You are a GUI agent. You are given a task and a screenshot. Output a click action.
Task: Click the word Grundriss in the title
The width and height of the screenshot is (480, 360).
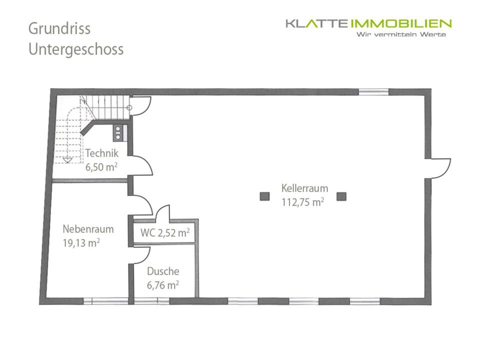click(x=59, y=28)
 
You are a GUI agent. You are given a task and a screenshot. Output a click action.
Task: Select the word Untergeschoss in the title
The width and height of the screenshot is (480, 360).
click(x=76, y=50)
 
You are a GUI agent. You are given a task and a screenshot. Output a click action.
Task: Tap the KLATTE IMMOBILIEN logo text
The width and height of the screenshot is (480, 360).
click(x=368, y=23)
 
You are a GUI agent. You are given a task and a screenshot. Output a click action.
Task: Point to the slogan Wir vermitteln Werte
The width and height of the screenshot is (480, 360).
click(x=400, y=34)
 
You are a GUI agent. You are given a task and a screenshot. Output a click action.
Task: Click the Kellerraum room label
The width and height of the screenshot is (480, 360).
click(x=304, y=188)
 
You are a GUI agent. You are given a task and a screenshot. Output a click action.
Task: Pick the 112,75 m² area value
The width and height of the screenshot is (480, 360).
click(x=302, y=202)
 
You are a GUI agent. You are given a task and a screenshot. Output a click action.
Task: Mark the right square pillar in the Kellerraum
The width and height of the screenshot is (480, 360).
click(x=341, y=196)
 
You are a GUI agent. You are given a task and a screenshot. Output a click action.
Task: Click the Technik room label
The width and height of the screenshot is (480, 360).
click(x=101, y=154)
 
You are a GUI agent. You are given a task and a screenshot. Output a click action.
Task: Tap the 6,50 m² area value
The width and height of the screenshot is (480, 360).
click(x=101, y=167)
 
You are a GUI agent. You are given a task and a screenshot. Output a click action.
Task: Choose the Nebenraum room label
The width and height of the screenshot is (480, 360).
click(x=88, y=229)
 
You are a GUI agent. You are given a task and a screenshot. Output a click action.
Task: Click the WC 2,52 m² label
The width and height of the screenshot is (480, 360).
click(x=164, y=233)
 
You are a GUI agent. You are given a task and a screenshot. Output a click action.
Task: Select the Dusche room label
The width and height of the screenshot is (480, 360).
click(x=163, y=272)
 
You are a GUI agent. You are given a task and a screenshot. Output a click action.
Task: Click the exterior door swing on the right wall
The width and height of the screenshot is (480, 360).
click(x=437, y=167)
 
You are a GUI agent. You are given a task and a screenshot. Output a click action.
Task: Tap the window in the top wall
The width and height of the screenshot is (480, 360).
click(x=374, y=91)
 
